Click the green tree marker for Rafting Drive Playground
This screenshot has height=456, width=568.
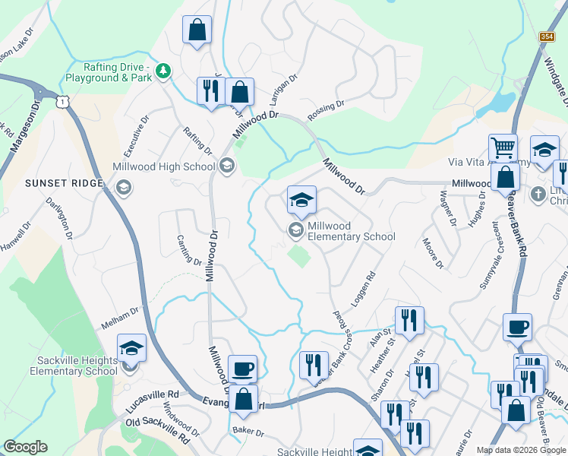pos(162,71)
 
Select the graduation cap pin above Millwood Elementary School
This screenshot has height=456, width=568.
pos(301,201)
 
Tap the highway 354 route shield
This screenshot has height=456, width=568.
pos(547,36)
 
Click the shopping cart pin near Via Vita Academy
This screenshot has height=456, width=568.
pos(503,147)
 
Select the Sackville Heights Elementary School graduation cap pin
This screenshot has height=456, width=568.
pos(131,349)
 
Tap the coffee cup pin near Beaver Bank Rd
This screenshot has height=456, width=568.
pos(517,327)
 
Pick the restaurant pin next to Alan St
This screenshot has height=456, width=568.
pos(409,320)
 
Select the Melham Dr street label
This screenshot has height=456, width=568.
pos(121,318)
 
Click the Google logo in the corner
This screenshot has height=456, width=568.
pos(25,447)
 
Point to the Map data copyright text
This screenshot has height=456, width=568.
pos(520,450)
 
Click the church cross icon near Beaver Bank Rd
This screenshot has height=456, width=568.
pos(538,192)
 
